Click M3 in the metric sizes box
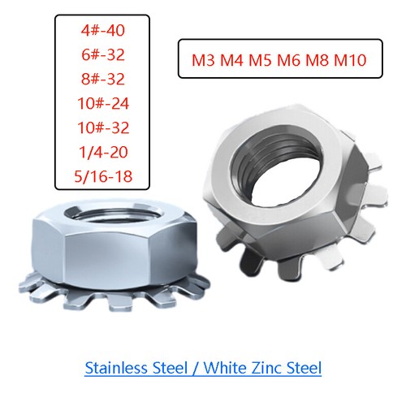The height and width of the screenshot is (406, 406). tap(204, 60)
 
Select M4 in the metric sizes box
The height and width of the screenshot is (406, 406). tap(235, 60)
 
